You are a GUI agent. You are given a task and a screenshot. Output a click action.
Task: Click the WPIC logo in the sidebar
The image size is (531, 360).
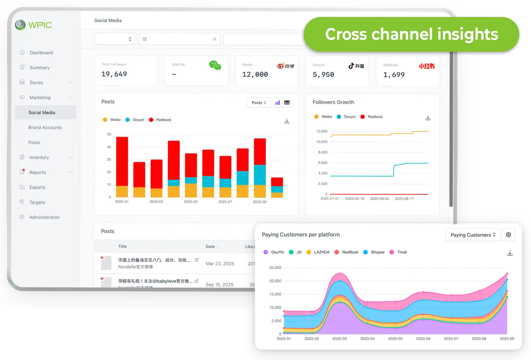coord(34,25)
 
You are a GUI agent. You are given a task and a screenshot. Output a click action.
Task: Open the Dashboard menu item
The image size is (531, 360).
coord(41,53)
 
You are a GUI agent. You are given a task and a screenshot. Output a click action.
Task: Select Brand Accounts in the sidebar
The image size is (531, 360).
coord(45,127)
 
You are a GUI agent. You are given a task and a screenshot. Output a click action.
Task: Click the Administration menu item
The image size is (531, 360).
coord(44,217)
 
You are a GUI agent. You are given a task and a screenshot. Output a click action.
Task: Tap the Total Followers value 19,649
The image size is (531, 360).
coord(114,74)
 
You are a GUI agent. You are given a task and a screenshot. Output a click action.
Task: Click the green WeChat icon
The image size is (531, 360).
coord(215,65)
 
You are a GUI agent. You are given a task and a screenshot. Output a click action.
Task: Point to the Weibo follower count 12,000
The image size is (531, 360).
coord(255,75)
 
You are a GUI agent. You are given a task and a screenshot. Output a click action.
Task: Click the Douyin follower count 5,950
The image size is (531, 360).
coord(323,75)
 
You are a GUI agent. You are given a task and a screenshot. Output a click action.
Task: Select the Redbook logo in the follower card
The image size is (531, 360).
coord(427,66)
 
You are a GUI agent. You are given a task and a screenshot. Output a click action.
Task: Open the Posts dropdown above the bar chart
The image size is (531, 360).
coord(259,103)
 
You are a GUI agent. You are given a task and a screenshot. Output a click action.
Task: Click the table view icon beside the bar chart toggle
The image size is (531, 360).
coord(287,103)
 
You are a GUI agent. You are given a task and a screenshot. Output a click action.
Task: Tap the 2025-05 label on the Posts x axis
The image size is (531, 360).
coord(190,202)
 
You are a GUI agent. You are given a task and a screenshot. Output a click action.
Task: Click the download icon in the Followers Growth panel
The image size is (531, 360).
coord(428,118)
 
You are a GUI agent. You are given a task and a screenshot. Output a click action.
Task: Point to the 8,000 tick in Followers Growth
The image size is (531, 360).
coord(322,152)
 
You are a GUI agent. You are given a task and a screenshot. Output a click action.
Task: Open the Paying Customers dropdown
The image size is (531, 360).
coord(473,235)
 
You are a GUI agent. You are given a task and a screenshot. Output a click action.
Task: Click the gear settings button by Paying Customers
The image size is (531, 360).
coord(508,235)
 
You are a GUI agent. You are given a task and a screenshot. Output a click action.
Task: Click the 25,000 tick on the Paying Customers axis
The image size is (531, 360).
coord(275,268)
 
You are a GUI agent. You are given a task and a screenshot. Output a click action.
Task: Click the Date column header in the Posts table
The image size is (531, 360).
coord(210,247)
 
